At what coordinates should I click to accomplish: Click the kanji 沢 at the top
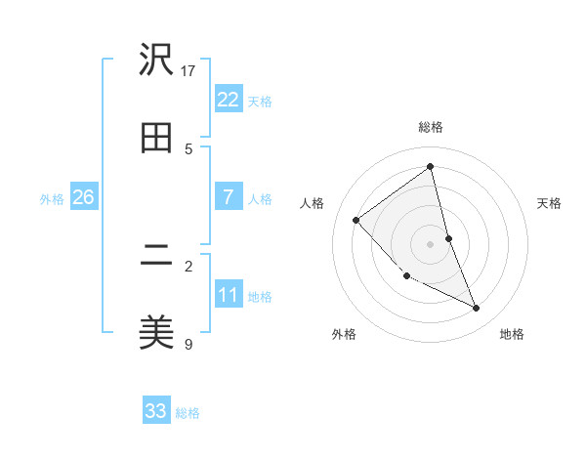tap(156, 61)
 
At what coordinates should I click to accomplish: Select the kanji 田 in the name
tap(156, 138)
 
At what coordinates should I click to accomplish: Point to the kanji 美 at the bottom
tap(156, 333)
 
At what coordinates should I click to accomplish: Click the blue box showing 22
tap(228, 100)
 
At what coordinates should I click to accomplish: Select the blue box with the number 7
tap(228, 197)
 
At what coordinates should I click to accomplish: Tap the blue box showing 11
tap(228, 295)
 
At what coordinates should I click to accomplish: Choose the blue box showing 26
tap(83, 197)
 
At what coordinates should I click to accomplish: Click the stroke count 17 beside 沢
tap(188, 70)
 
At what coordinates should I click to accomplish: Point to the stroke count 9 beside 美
tap(188, 344)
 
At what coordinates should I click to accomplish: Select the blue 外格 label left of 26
tap(52, 199)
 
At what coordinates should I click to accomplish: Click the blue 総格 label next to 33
tap(188, 413)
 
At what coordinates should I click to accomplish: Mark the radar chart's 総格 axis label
tap(431, 127)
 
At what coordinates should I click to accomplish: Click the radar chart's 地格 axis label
tap(512, 334)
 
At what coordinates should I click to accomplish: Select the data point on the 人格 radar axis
tap(356, 220)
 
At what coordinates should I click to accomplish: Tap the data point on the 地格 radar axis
tap(477, 309)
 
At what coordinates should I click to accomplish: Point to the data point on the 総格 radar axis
tap(431, 167)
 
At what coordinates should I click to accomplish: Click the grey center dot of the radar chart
tap(431, 244)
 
